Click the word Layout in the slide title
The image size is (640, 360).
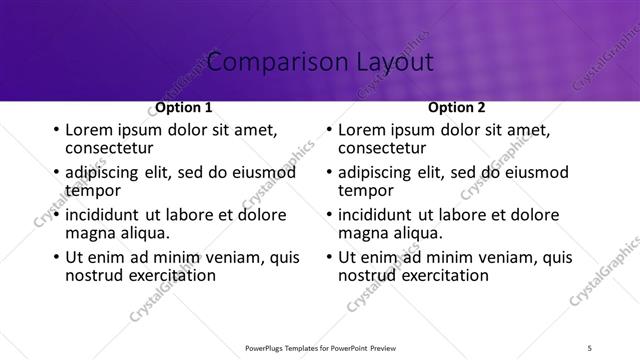392,63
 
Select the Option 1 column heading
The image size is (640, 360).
183,107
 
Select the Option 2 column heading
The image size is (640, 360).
456,107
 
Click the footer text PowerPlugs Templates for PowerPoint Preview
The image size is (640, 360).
319,348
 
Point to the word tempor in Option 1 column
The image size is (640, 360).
92,190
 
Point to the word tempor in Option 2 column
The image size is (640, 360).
365,190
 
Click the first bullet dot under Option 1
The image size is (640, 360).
55,130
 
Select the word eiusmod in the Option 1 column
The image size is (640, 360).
263,172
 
